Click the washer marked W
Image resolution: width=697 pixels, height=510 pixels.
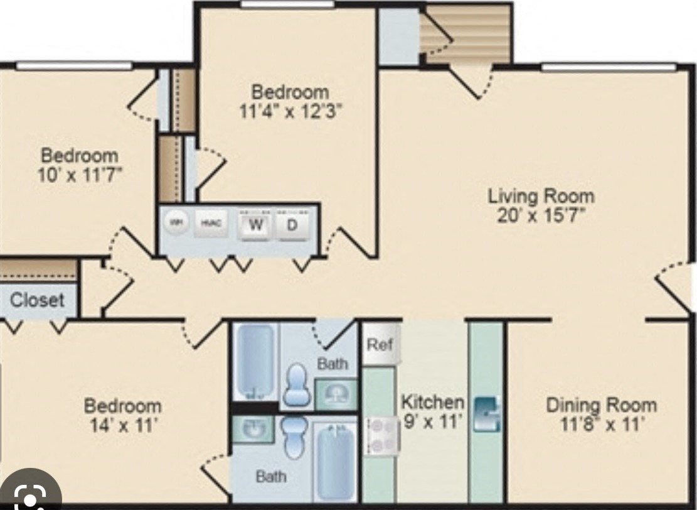[254, 226]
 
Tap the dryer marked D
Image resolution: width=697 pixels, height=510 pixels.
[292, 226]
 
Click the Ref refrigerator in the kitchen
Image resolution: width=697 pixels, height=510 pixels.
[380, 345]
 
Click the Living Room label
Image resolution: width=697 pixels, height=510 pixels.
[541, 196]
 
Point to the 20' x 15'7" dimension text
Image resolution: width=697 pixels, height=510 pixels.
[541, 215]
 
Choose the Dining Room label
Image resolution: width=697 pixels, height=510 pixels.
[601, 404]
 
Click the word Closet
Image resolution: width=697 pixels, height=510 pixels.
[37, 300]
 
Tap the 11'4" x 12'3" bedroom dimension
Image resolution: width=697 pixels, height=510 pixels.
[290, 111]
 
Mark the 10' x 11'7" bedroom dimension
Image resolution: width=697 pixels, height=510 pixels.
[79, 174]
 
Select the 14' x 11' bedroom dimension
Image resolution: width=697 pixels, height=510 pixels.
[123, 426]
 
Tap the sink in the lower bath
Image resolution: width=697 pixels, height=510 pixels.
[253, 429]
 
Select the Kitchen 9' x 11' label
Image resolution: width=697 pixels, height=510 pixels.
[433, 411]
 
